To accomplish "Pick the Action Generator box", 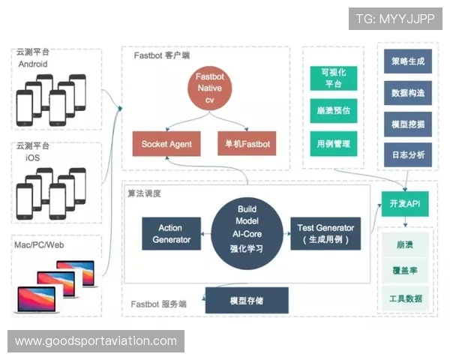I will coord(171,233).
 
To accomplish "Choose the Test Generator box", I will coord(325,233).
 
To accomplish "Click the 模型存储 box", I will coord(246,301).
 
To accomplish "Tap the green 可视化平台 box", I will coord(333,78).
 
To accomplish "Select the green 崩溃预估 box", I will coord(333,110).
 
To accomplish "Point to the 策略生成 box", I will coord(408,61).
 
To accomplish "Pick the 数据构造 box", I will coord(408,93).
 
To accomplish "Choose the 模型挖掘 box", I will coord(408,124).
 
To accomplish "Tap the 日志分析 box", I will coord(408,155).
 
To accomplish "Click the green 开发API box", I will coord(405,203).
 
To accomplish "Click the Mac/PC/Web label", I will coord(40,245).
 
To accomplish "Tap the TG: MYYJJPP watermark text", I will coord(395,18).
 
